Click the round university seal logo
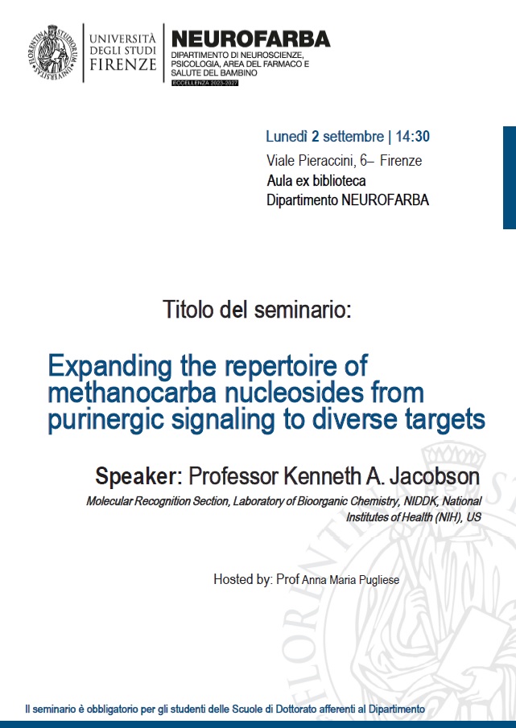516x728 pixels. click(x=52, y=52)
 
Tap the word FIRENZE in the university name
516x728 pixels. click(x=122, y=64)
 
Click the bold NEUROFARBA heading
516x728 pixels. click(x=251, y=39)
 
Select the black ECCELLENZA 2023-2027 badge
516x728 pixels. click(x=204, y=83)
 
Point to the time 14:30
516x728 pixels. click(x=412, y=137)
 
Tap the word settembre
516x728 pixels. click(x=353, y=137)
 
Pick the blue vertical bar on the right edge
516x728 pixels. click(x=510, y=177)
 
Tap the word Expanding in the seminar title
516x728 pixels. click(x=110, y=366)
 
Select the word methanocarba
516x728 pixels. click(x=132, y=393)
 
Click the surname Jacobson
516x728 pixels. click(x=434, y=476)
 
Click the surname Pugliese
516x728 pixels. click(x=379, y=580)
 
